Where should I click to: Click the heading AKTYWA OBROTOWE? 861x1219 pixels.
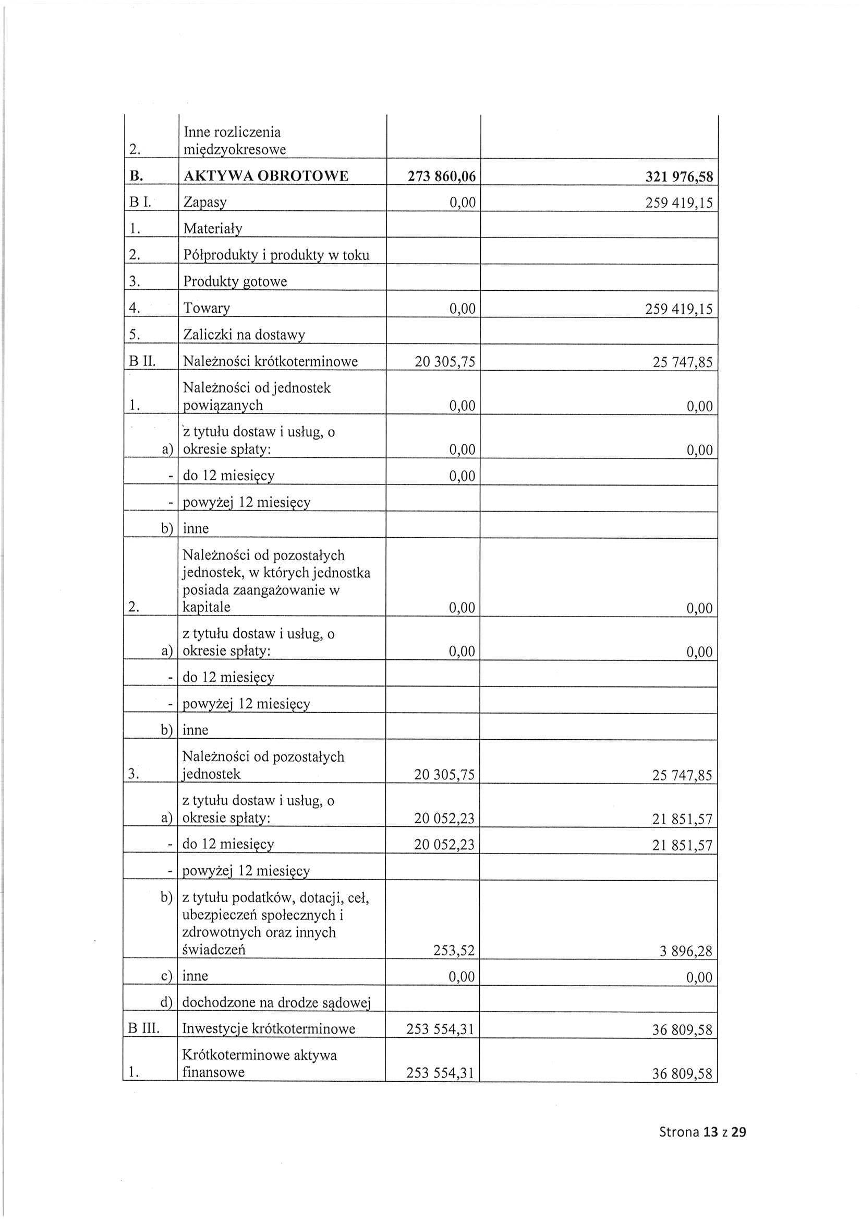pos(266,176)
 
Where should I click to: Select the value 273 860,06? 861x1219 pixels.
pos(441,177)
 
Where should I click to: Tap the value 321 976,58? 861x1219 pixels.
pos(679,177)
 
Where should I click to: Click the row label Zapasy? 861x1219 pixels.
pos(205,202)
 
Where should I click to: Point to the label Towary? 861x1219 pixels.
pos(207,309)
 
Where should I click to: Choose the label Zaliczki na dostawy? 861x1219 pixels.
pos(244,335)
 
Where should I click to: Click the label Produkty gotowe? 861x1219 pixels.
pos(235,281)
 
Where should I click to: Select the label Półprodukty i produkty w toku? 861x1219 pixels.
pos(276,255)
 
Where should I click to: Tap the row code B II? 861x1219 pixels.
pos(141,362)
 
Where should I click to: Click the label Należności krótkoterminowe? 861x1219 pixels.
pos(270,362)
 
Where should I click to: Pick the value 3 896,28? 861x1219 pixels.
pos(686,951)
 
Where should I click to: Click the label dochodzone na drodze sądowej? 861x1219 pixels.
pos(276,1002)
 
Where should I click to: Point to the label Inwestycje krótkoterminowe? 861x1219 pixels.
pos(269,1029)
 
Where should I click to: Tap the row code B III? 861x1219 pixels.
pos(143,1029)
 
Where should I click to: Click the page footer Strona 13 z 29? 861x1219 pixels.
pos(702,1132)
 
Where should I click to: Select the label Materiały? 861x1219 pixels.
pos(213,229)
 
